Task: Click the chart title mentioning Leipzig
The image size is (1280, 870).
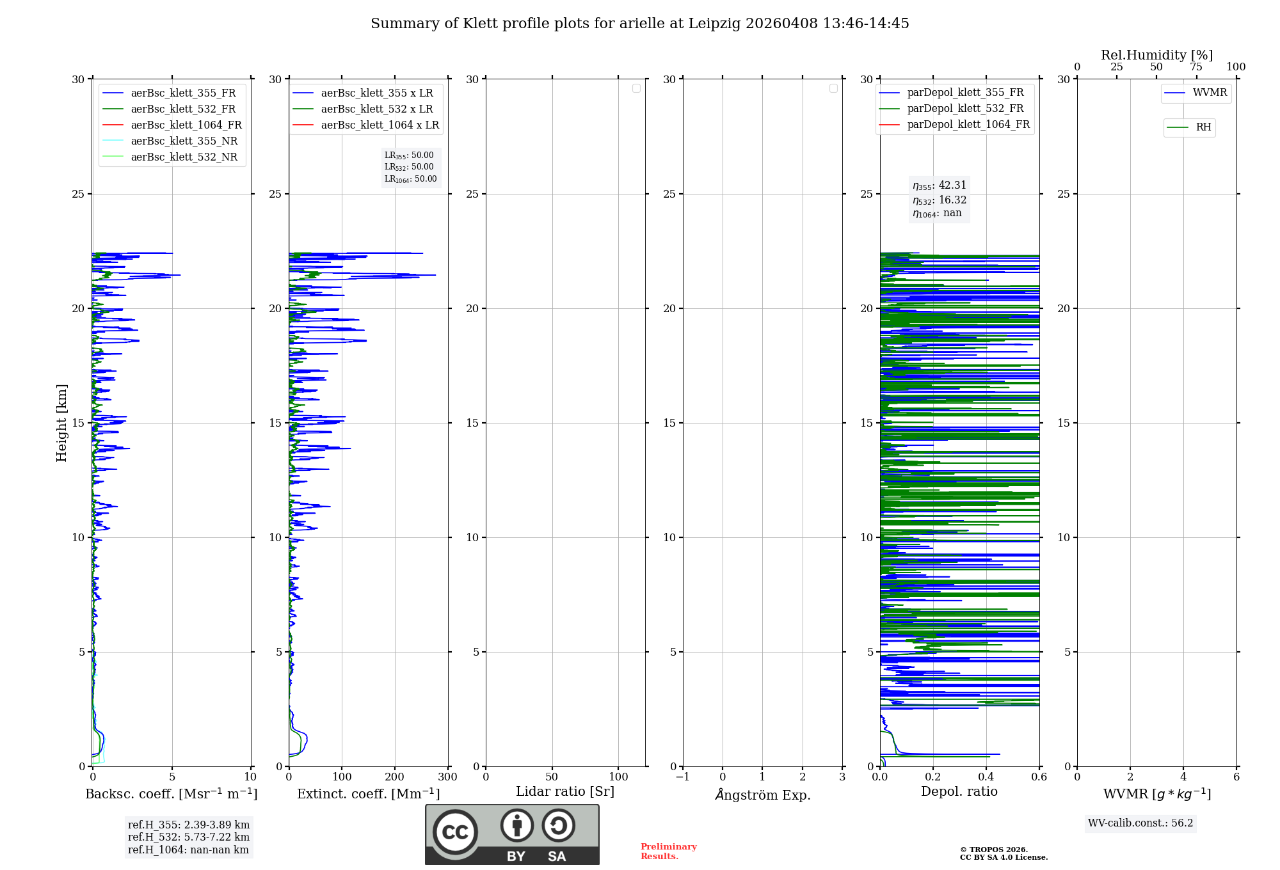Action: (639, 24)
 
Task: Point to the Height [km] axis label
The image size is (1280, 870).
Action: (61, 423)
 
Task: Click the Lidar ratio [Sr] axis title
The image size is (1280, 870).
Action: (565, 792)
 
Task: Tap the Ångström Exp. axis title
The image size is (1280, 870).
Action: (762, 795)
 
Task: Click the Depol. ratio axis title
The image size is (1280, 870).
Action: (959, 792)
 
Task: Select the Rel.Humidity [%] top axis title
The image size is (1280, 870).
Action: (1156, 55)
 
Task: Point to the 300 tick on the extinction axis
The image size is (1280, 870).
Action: (447, 777)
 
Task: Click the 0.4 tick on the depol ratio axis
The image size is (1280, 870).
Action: (986, 777)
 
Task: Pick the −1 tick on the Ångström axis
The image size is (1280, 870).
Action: (683, 777)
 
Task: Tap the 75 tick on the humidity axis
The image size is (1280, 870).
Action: (1196, 67)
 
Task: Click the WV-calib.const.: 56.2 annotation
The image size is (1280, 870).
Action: (1140, 823)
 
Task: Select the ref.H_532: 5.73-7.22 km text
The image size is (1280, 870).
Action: (188, 837)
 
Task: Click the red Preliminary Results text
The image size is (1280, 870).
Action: (668, 851)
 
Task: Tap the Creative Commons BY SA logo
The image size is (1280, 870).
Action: (512, 834)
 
